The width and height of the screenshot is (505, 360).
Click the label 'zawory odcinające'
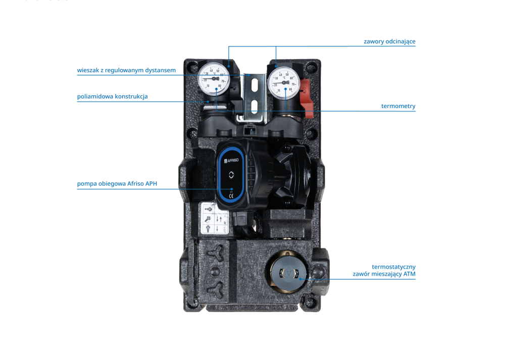click(x=389, y=41)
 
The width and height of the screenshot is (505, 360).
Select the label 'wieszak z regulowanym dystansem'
click(x=126, y=70)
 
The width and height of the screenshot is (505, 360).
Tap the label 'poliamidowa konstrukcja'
click(x=112, y=96)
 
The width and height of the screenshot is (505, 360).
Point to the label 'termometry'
click(x=398, y=106)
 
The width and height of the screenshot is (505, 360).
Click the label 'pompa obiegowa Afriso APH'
click(x=117, y=184)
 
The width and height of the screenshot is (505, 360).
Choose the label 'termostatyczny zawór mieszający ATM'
click(x=384, y=270)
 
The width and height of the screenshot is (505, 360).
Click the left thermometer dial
click(x=214, y=79)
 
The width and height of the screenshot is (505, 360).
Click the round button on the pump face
click(x=231, y=175)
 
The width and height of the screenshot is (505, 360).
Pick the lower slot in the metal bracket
click(x=254, y=107)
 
